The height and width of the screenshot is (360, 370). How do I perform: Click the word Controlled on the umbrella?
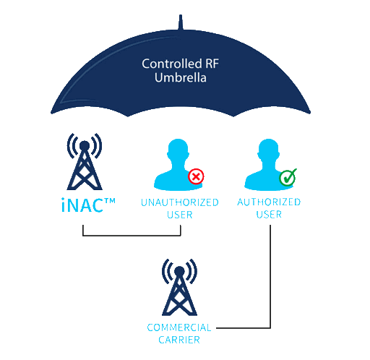[172, 64]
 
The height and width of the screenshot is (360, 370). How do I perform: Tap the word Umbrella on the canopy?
[181, 78]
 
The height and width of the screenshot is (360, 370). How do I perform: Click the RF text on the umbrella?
[212, 64]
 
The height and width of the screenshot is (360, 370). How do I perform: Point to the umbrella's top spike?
[181, 22]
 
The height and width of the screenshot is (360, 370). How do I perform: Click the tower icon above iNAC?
[85, 161]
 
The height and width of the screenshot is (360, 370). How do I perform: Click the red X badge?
[196, 176]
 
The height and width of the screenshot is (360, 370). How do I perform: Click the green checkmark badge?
[288, 177]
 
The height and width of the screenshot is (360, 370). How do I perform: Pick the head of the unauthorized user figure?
[178, 150]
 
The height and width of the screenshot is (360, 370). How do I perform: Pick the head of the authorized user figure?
[268, 150]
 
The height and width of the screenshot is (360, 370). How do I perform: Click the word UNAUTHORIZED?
[180, 202]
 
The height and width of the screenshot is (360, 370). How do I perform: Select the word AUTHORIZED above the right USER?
[269, 202]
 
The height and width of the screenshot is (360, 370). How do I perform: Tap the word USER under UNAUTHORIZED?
[180, 215]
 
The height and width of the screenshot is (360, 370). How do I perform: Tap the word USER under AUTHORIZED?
[269, 214]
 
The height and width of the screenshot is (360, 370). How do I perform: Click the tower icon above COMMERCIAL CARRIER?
[179, 287]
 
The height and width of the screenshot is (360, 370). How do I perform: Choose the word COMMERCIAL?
[179, 327]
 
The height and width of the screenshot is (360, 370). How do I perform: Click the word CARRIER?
[179, 340]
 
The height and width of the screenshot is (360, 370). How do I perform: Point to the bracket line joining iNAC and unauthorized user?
[132, 236]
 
